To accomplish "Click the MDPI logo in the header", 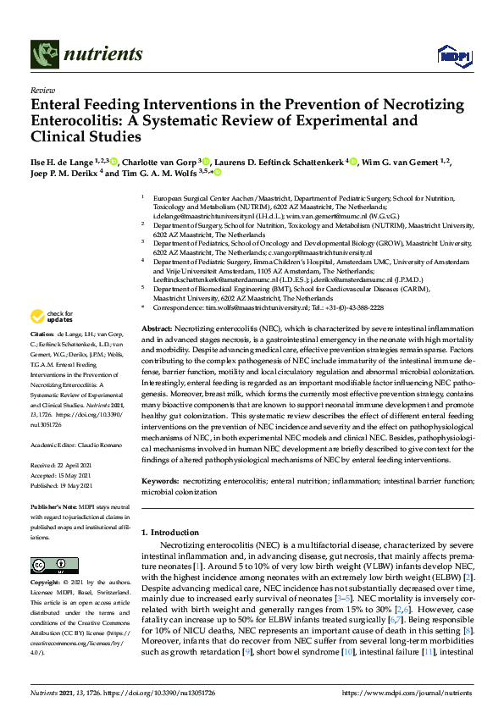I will pyautogui.click(x=451, y=56).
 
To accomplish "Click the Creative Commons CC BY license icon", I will pyautogui.click(x=48, y=565).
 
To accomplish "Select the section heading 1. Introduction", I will pyautogui.click(x=174, y=533).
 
